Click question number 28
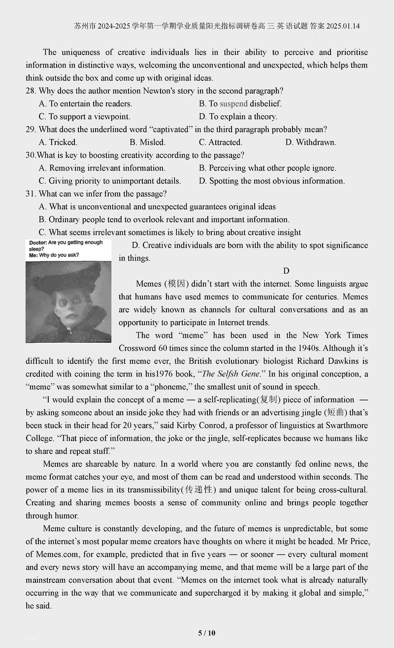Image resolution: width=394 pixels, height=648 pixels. coord(31,91)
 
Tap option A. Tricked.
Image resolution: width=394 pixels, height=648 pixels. coord(58,142)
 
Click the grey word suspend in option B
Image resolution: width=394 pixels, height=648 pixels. coord(233,104)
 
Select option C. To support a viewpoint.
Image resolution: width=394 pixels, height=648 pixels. coord(84,117)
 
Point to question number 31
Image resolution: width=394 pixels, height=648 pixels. coord(31,194)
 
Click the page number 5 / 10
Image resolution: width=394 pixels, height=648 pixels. coord(207,633)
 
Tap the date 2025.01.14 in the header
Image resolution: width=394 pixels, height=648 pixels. coord(342,26)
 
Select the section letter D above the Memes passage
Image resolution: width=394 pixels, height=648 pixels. coord(286,271)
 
